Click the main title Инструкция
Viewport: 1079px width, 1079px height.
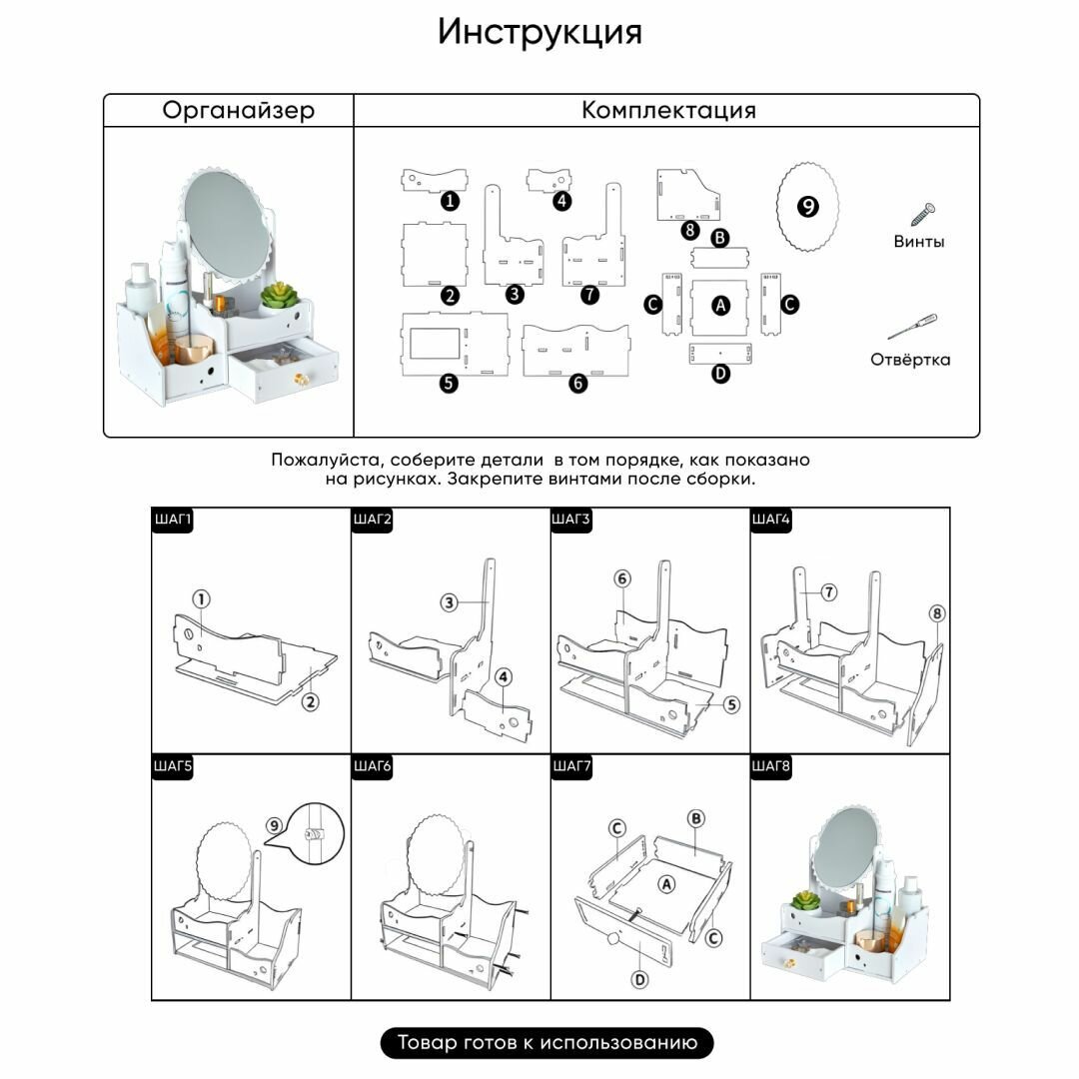coord(539,32)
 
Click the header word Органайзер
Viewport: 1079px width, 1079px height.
coord(238,110)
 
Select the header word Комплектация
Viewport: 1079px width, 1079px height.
coord(668,110)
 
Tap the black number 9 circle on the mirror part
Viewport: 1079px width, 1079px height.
coord(807,207)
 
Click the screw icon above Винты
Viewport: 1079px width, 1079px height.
coord(921,212)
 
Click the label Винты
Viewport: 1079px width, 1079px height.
coord(919,242)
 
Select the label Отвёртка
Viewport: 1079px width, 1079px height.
coord(910,360)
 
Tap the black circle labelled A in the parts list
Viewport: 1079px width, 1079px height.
coord(720,306)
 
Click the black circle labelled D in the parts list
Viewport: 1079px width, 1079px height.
coord(720,374)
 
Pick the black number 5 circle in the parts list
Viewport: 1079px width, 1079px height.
coord(449,383)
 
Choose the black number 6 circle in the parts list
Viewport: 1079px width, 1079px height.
coord(578,383)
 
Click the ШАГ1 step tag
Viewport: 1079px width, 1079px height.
coord(172,519)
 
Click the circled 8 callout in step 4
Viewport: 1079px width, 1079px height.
coord(936,613)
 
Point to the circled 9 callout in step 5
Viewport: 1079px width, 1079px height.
coord(275,825)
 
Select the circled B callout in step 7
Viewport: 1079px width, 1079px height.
coord(696,818)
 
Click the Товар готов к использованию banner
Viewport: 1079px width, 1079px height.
coord(546,1043)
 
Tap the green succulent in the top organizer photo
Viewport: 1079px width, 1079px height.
coord(280,295)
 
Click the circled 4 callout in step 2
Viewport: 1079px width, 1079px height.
coord(504,677)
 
